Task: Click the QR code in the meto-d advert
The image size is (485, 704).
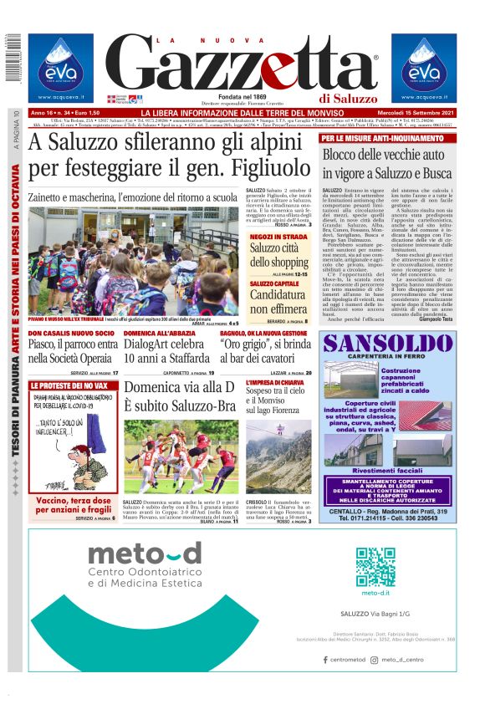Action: tap(375, 568)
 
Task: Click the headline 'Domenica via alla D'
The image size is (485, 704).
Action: tap(179, 387)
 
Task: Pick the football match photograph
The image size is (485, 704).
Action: tap(181, 457)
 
